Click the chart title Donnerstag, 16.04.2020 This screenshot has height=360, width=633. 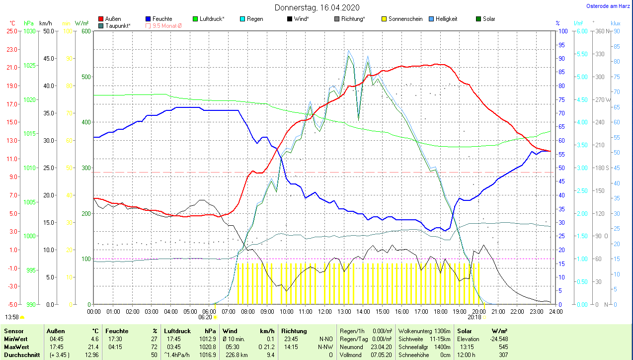(316, 7)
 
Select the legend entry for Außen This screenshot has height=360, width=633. (113, 19)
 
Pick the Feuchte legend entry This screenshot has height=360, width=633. (162, 19)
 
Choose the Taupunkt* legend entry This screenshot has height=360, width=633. (118, 26)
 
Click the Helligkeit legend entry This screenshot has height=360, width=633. (446, 19)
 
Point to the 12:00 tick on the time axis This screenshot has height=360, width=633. (324, 311)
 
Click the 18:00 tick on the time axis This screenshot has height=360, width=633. (440, 311)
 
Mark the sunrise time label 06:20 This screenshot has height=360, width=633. (205, 317)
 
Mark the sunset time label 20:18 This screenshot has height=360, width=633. (475, 317)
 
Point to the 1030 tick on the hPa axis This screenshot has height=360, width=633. (30, 31)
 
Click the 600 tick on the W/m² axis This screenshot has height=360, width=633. (85, 31)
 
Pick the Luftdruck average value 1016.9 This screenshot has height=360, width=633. (210, 355)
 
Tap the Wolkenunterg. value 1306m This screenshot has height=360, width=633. (442, 331)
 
